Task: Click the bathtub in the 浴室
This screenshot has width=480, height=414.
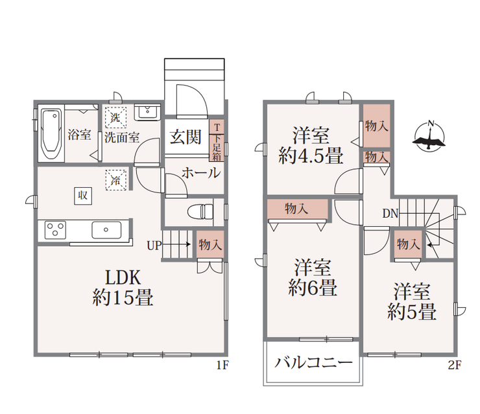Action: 51,133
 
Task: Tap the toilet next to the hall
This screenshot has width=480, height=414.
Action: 200,212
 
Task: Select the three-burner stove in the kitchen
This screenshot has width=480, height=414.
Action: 55,229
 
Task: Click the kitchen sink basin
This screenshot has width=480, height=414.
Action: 106,229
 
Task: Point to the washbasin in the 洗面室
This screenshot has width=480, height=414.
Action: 147,112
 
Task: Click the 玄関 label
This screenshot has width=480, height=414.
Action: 186,137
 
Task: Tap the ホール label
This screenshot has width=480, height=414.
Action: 201,173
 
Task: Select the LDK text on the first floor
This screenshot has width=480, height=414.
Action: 123,278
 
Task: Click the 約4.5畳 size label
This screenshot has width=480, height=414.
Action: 311,155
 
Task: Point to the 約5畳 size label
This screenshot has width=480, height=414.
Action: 412,312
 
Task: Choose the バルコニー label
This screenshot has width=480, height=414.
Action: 313,363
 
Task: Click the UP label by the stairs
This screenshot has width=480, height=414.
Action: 154,245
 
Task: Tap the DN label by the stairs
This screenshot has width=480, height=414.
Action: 390,213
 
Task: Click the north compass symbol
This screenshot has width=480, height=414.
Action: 429,136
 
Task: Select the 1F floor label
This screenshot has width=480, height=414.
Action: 222,365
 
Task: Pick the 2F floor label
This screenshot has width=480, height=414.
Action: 455,365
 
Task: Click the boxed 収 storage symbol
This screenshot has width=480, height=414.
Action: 83,196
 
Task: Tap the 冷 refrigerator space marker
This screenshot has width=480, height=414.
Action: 115,180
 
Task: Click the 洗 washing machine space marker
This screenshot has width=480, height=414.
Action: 115,117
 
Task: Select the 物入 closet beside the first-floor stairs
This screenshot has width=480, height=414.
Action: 210,245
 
